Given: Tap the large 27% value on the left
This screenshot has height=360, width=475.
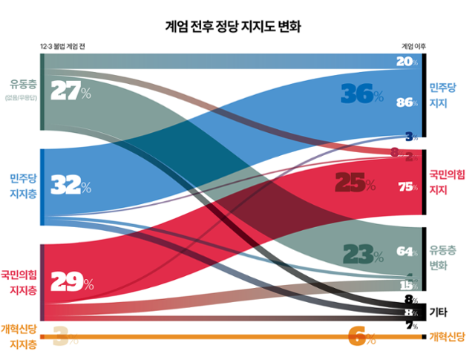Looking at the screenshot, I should tap(71, 91).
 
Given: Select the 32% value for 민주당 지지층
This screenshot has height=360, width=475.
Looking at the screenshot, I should tap(71, 185).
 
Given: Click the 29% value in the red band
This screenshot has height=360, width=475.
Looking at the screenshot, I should tap(71, 282).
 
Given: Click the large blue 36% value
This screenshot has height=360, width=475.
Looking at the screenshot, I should tap(361, 94).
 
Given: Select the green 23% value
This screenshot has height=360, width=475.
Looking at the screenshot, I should tap(362, 255).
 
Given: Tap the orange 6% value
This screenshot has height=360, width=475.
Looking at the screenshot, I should tap(362, 337).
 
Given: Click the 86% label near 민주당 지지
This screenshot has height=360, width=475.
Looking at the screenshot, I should tap(407, 102).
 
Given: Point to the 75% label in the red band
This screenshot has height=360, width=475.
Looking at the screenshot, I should tap(407, 187).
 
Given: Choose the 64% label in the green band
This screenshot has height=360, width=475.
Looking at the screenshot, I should tap(407, 252).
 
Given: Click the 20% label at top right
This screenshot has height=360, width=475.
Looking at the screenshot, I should tap(406, 62).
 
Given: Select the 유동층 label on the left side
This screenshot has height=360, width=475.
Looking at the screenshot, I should tap(20, 82).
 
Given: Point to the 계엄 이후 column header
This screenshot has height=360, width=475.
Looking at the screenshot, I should tap(413, 46).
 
